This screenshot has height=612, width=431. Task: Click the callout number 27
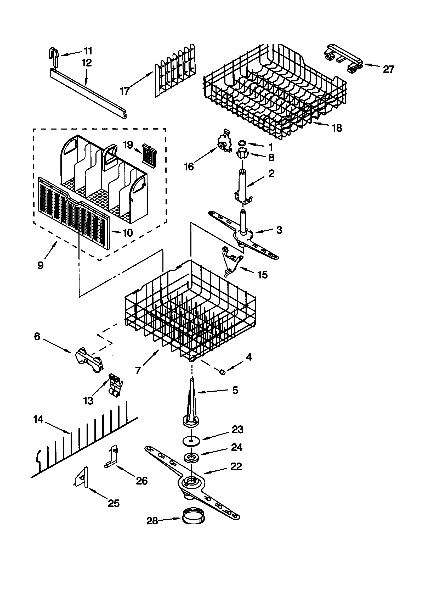click(388, 69)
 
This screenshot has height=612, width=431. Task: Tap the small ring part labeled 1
click(242, 143)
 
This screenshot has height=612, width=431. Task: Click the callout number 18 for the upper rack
click(337, 128)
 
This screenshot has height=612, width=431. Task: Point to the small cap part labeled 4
click(222, 372)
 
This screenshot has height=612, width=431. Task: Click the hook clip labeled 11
click(55, 57)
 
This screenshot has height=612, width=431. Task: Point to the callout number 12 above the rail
click(87, 63)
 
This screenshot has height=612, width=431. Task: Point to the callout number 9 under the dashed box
click(40, 265)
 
